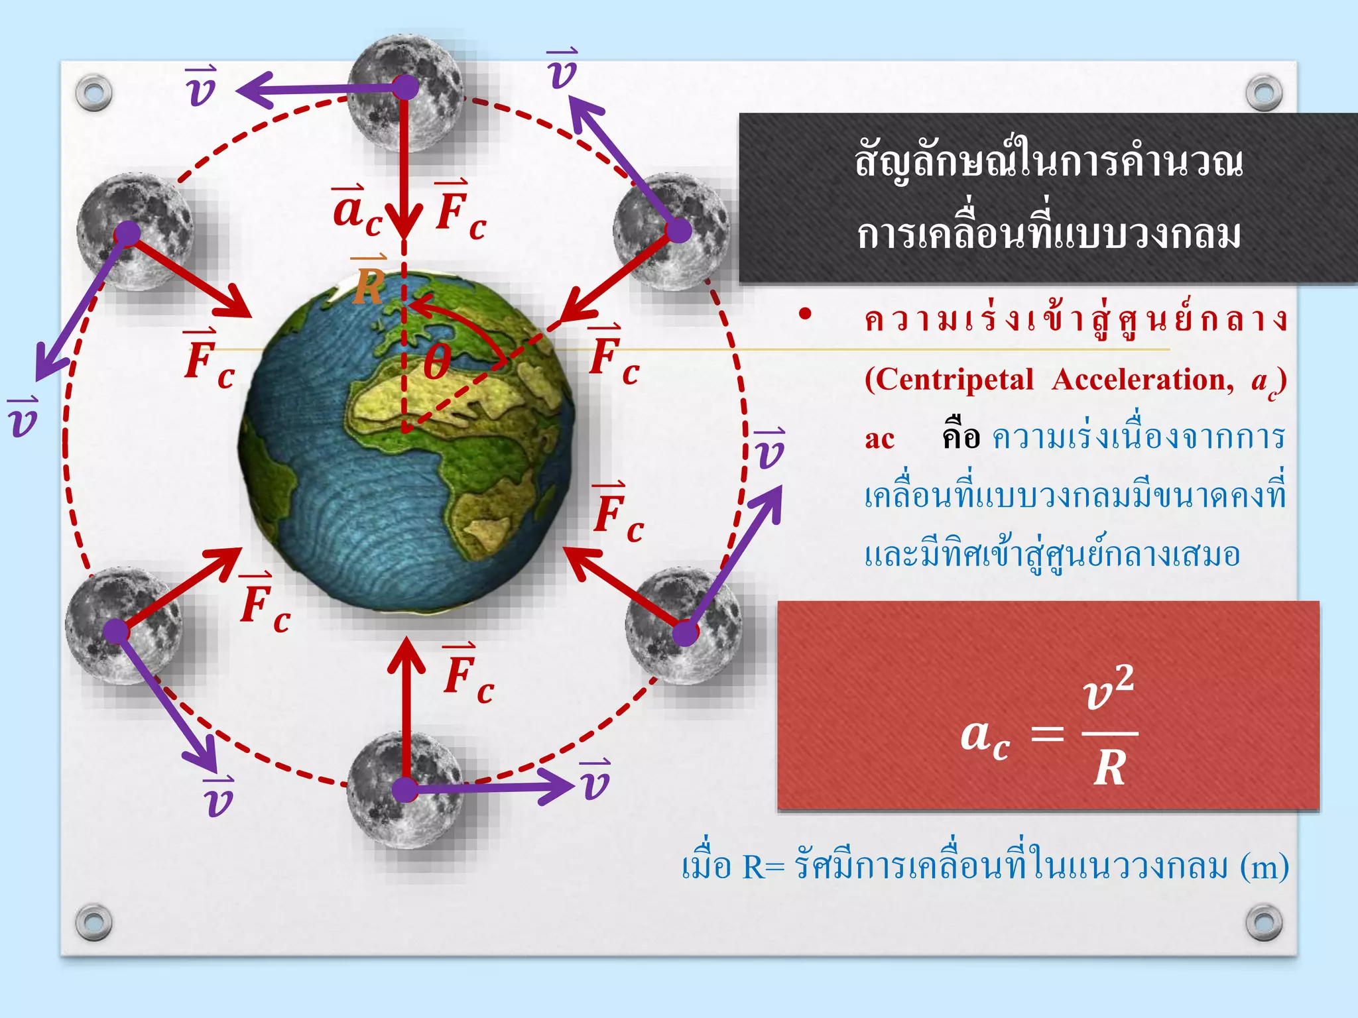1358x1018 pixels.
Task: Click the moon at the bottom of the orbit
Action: point(404,789)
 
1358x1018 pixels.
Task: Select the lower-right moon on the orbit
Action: point(683,626)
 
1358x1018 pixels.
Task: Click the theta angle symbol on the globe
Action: point(437,363)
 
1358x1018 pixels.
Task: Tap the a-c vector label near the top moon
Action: point(357,211)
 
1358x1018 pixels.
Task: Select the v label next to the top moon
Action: point(200,87)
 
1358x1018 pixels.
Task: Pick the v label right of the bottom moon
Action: point(595,781)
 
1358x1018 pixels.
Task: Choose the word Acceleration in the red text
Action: point(1142,380)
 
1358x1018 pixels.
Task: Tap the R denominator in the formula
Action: point(1110,769)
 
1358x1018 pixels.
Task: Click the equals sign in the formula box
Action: point(1048,734)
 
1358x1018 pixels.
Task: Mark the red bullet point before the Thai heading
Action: point(805,314)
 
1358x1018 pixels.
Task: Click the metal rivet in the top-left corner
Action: point(93,93)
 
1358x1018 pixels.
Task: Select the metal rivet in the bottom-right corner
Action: point(1264,922)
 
